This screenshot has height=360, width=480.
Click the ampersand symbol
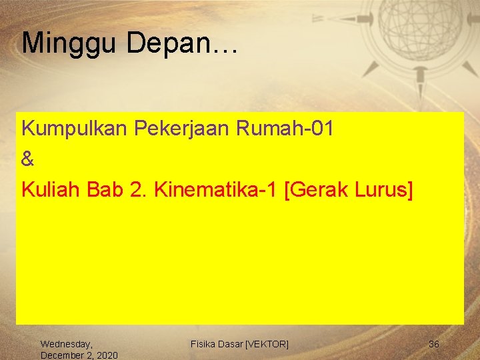(27, 159)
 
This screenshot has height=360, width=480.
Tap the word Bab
(105, 190)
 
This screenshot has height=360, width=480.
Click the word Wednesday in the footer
(67, 344)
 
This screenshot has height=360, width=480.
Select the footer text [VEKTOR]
(267, 344)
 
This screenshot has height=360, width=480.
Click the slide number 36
(433, 344)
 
